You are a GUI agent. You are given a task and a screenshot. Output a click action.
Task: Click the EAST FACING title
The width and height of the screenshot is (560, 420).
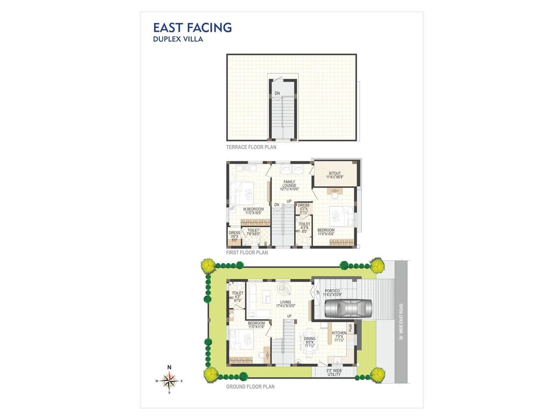coord(192,28)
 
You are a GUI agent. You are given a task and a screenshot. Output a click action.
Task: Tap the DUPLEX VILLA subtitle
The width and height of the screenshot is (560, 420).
coord(178,39)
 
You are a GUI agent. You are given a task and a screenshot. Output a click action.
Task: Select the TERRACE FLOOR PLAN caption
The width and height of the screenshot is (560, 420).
coord(251,147)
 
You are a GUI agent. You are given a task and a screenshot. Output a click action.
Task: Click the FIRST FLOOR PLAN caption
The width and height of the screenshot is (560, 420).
coord(247,253)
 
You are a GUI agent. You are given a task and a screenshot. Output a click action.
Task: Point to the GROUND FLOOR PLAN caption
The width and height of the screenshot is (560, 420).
coord(250,387)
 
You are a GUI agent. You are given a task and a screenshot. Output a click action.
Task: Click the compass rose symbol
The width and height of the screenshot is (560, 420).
coord(169,381)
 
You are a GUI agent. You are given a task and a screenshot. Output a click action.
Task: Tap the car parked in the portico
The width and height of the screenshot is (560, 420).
coord(348,309)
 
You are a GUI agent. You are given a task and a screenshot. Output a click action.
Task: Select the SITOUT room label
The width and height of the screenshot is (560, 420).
coord(335,173)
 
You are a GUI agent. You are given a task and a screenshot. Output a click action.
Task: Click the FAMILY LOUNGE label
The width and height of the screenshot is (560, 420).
coord(289,184)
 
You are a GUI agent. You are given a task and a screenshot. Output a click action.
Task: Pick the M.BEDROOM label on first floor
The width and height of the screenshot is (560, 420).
coord(253,209)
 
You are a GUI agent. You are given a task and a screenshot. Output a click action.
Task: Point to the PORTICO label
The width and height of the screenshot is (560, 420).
coord(332,291)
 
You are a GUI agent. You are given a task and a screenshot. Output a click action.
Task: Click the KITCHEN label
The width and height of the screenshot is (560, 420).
coord(339,333)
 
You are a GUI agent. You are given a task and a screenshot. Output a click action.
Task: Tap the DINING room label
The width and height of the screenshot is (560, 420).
coord(309,338)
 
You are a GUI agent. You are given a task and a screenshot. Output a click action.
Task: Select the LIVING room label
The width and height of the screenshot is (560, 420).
coord(286,302)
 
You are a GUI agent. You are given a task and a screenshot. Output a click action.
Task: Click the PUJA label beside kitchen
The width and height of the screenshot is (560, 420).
coord(350,328)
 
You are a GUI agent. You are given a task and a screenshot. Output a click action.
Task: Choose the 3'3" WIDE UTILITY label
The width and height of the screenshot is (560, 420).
coord(334,373)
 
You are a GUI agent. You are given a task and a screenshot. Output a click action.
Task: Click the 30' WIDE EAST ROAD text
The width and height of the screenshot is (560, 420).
coord(401,322)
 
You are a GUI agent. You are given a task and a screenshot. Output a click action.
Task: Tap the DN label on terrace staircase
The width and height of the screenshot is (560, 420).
coord(277,93)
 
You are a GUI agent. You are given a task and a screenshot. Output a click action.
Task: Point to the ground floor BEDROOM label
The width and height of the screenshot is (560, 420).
coord(256,323)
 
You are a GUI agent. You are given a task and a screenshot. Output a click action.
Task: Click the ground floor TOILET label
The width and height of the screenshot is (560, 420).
coord(237,293)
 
